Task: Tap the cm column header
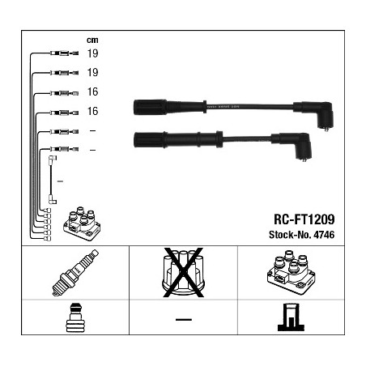coord(91,40)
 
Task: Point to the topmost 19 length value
coord(92,53)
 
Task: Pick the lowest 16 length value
coord(92,111)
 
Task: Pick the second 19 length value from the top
coord(92,72)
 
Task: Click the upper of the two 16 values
coord(92,91)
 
